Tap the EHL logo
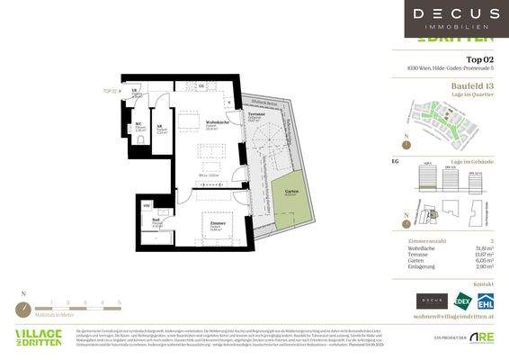click(486, 301)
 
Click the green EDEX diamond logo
click(463, 301)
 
